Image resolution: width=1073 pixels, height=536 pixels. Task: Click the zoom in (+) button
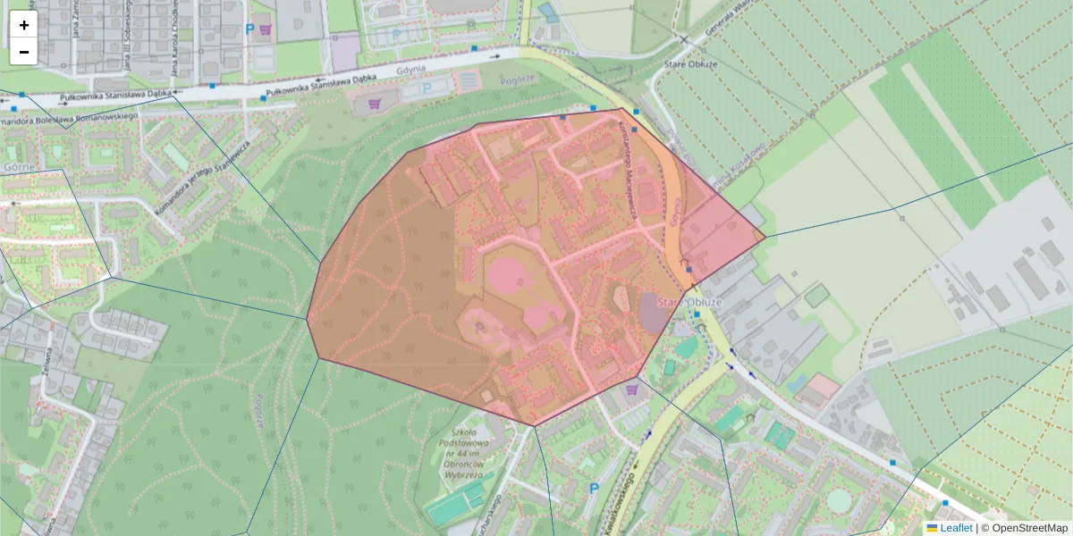point(23,25)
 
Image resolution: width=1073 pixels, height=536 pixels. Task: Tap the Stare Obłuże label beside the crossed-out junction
point(681,64)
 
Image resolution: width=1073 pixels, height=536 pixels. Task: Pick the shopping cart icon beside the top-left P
point(266,29)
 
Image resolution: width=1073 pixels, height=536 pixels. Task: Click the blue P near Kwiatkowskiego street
point(593,489)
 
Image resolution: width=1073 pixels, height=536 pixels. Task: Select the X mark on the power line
point(684,40)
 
